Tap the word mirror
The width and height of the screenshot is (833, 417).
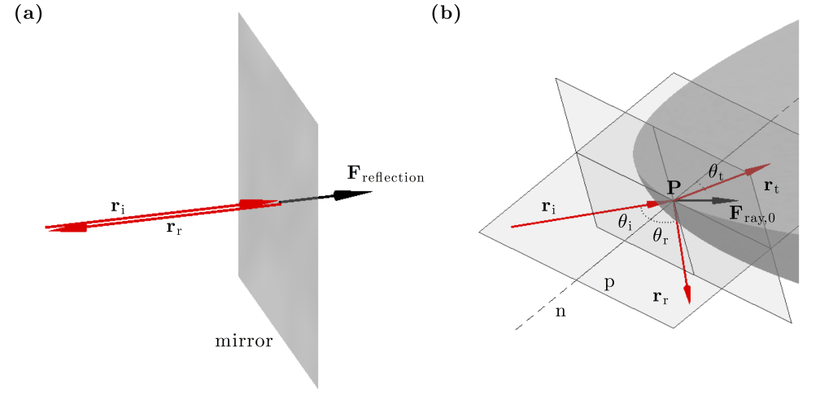pyautogui.click(x=243, y=341)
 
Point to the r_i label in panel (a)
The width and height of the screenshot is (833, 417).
pyautogui.click(x=119, y=206)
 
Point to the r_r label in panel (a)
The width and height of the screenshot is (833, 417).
pyautogui.click(x=173, y=228)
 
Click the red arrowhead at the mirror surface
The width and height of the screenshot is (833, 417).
pyautogui.click(x=253, y=202)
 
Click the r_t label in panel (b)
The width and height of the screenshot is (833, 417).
pyautogui.click(x=772, y=186)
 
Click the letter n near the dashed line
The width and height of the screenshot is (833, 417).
pyautogui.click(x=560, y=311)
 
